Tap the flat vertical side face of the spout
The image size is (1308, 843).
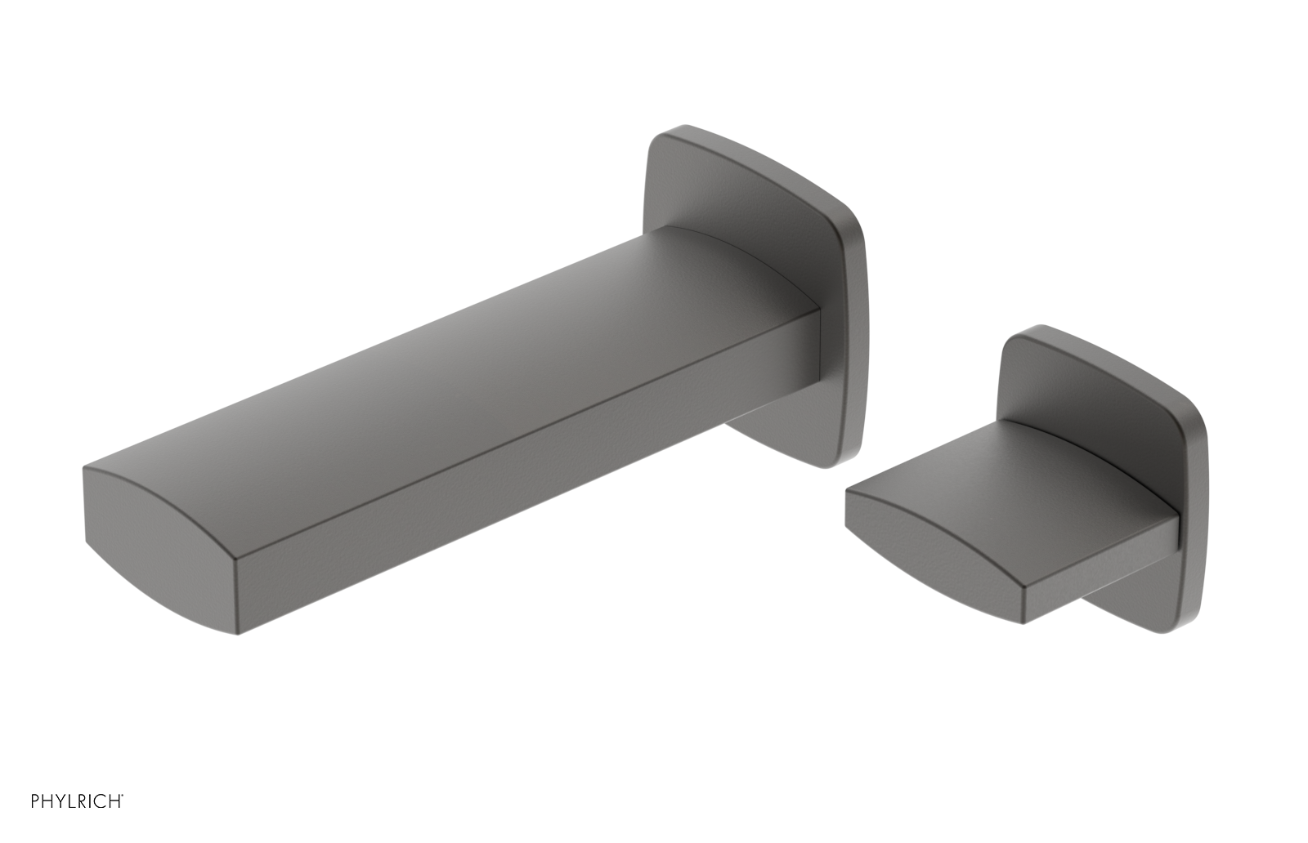point(523,474)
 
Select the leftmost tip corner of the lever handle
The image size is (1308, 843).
point(847,493)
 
